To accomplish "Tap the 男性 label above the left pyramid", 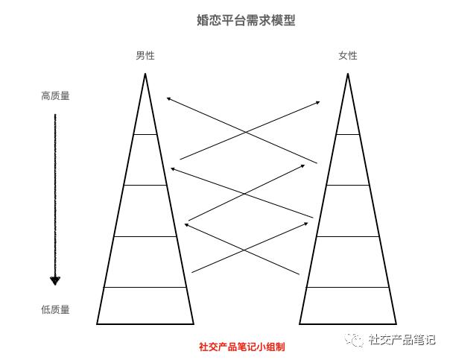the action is pos(145,56).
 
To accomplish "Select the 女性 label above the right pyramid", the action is pos(347,56).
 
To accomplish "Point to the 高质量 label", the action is pos(55,96).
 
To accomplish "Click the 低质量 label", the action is pos(55,310).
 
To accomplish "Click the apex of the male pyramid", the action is pos(145,75).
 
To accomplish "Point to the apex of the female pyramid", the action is pos(347,75).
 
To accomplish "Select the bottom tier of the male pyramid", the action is pos(145,306).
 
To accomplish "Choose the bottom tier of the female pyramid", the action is pos(347,306).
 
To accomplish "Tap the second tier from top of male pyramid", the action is pos(145,160).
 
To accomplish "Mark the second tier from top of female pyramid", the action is pos(347,160).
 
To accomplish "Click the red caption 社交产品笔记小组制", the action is pos(241,347).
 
